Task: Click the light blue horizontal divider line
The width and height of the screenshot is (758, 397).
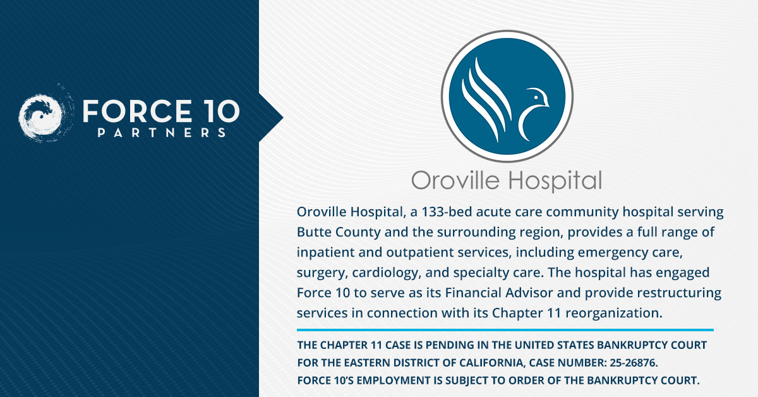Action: coord(505,330)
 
